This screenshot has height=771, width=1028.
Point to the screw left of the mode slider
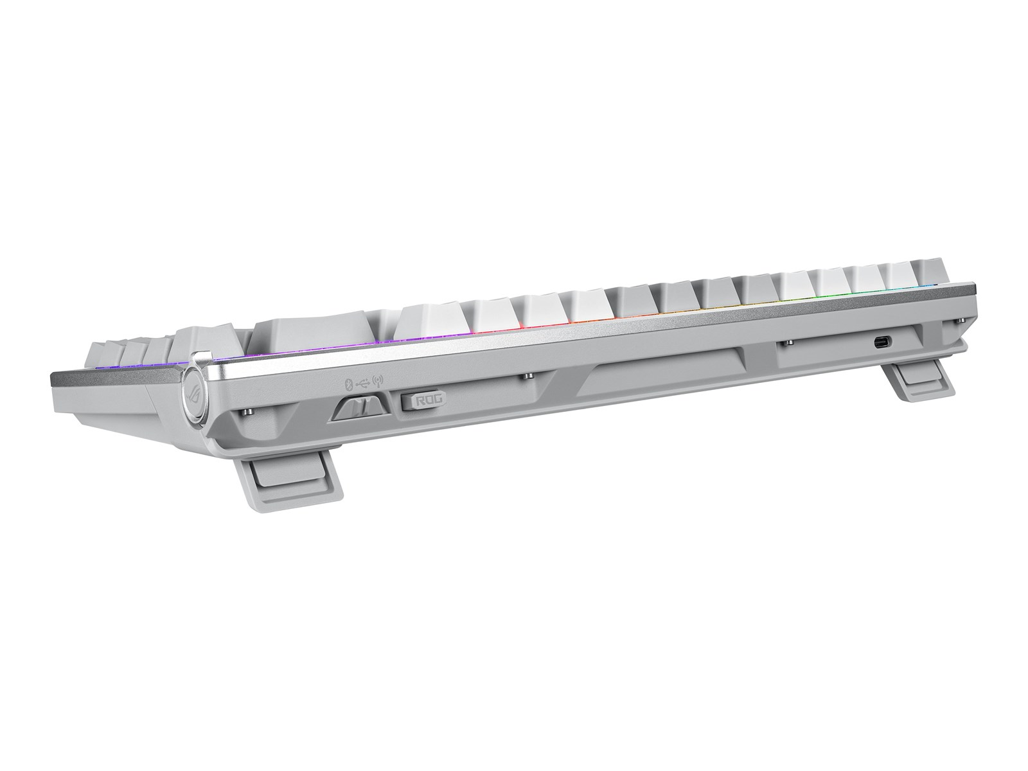click(x=249, y=411)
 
